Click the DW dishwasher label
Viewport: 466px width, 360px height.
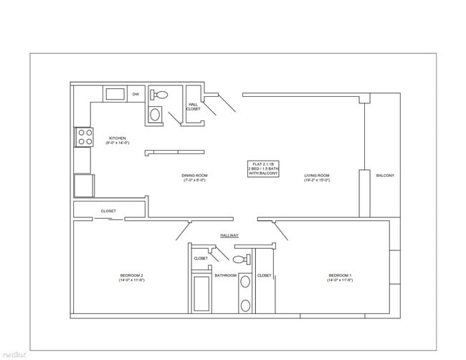pyautogui.click(x=135, y=94)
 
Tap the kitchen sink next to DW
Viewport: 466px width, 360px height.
pyautogui.click(x=115, y=93)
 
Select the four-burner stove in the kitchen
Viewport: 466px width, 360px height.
pyautogui.click(x=84, y=136)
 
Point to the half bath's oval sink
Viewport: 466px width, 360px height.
pyautogui.click(x=155, y=113)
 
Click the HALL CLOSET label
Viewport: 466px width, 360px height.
pyautogui.click(x=193, y=106)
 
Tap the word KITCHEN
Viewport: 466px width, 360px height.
pyautogui.click(x=118, y=138)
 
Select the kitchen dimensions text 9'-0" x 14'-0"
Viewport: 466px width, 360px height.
pyautogui.click(x=118, y=143)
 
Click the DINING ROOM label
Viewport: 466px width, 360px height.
pyautogui.click(x=194, y=175)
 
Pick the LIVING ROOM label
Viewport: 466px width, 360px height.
pyautogui.click(x=316, y=175)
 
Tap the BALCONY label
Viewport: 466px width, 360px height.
pyautogui.click(x=385, y=175)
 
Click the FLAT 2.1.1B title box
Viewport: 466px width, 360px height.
pyautogui.click(x=263, y=169)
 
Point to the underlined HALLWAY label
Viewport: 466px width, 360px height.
pyautogui.click(x=229, y=235)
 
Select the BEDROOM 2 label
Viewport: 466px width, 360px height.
pyautogui.click(x=131, y=275)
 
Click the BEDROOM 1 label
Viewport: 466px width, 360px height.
pyautogui.click(x=340, y=275)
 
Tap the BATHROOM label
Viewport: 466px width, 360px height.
pyautogui.click(x=225, y=275)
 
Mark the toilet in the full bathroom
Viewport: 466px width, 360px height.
pyautogui.click(x=240, y=260)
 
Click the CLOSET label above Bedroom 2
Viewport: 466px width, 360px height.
pyautogui.click(x=108, y=211)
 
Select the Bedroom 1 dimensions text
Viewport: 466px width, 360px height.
pyautogui.click(x=340, y=280)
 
